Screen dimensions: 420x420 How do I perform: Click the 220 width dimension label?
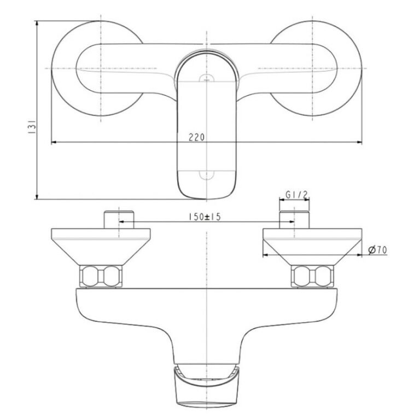click(197, 137)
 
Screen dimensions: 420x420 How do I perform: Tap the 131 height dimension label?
click(32, 127)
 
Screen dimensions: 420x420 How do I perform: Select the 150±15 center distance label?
click(205, 217)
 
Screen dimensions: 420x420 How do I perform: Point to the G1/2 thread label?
click(296, 195)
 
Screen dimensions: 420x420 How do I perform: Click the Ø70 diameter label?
click(378, 250)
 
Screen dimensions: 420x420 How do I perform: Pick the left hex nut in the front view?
click(101, 276)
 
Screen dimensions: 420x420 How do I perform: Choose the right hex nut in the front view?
click(312, 276)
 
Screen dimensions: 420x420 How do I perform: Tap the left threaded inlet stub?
click(119, 220)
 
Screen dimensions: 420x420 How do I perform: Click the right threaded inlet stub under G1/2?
click(294, 220)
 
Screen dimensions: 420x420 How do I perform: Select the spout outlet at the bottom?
click(206, 386)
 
